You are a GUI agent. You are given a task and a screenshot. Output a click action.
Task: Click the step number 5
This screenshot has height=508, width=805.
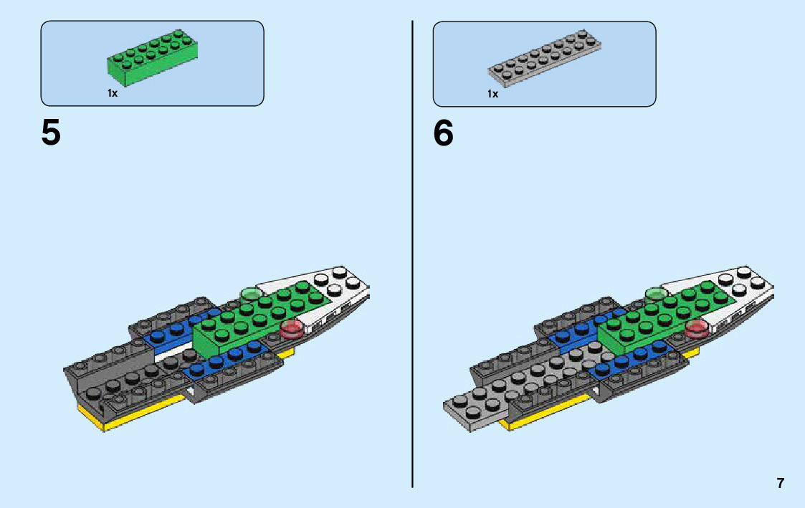(x=51, y=133)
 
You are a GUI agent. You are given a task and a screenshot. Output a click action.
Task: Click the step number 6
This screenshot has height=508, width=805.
(x=443, y=133)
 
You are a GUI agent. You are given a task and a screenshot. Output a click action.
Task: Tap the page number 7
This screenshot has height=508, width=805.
(x=780, y=483)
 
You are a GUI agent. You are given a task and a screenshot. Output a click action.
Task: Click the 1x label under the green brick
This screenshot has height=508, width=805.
(x=113, y=93)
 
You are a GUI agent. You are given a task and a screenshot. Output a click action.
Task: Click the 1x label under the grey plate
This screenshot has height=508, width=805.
(x=492, y=94)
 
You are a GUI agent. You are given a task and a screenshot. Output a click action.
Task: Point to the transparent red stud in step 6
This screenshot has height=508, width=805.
(x=696, y=330)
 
